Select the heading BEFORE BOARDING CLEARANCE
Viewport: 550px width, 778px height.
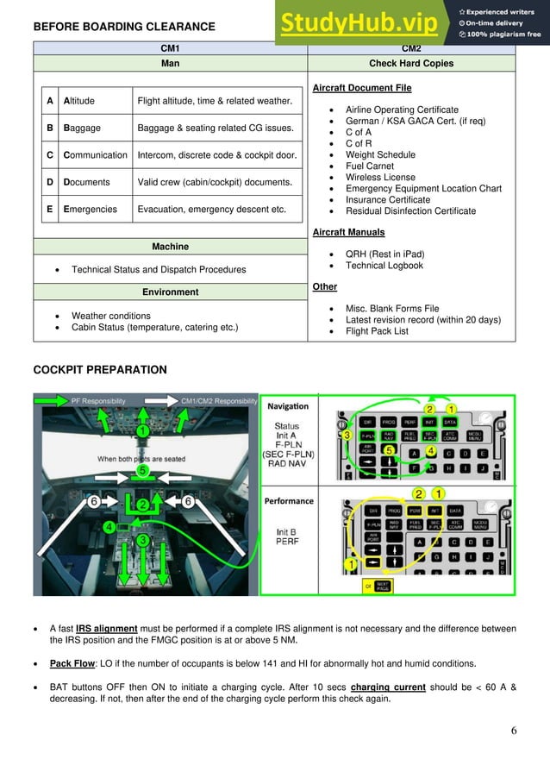tap(124, 28)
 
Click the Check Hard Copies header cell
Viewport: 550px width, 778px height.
tap(411, 63)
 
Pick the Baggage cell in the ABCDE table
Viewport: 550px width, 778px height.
tap(82, 129)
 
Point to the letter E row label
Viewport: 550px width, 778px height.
tap(51, 209)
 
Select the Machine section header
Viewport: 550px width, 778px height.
tap(170, 247)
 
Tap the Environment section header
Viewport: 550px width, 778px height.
tap(170, 292)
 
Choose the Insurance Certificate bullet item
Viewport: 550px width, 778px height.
tap(387, 200)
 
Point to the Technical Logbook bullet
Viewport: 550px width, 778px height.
tap(384, 266)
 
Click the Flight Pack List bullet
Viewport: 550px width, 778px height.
tap(377, 331)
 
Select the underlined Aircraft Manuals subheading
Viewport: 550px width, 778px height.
tap(348, 233)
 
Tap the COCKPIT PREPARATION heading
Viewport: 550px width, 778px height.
tap(100, 370)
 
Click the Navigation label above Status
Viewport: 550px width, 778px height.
tap(287, 406)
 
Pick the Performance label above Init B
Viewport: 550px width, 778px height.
tap(290, 501)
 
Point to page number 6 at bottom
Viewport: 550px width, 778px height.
tap(513, 731)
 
